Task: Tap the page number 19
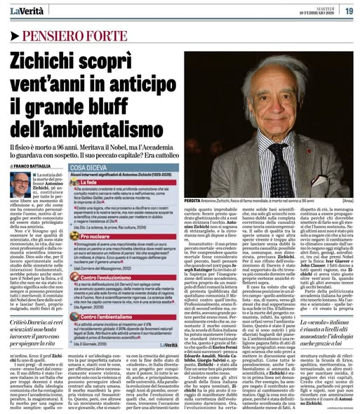348,10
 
